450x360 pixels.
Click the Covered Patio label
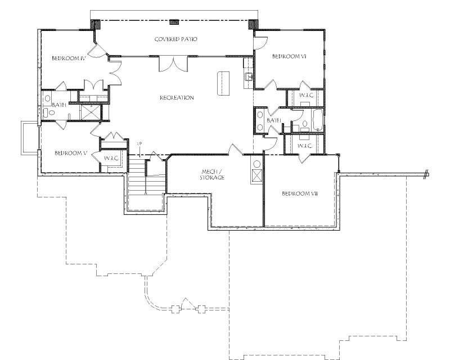pos(175,39)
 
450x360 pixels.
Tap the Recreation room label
pos(177,98)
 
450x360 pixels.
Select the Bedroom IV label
pos(68,58)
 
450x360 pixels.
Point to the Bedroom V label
pos(69,153)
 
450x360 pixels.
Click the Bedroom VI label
pos(288,56)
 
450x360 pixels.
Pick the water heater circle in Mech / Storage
pos(257,164)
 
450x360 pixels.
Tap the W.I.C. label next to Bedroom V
pos(110,158)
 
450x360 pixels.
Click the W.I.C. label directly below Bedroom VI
pos(305,96)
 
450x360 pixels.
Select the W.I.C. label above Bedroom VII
pos(304,146)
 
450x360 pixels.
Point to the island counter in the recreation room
pos(223,83)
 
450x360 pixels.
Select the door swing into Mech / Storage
pos(235,149)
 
